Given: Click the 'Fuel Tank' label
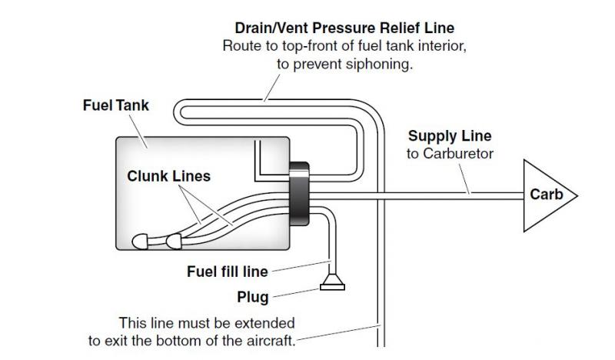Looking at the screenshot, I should click(116, 106).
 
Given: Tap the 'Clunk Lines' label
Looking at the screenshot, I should click(168, 176).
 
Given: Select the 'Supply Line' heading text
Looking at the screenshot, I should click(449, 136).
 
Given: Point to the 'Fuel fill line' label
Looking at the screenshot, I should click(227, 271).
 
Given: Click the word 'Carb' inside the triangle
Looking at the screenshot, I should click(547, 195).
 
